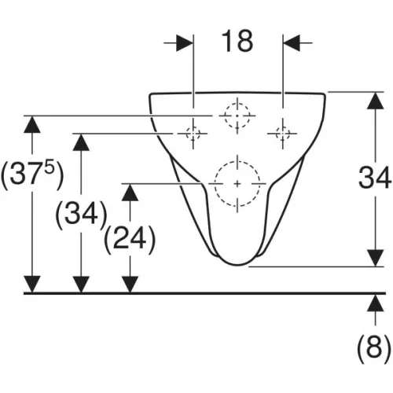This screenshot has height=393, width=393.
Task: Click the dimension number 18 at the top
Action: click(237, 41)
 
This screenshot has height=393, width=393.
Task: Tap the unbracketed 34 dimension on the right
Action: click(375, 178)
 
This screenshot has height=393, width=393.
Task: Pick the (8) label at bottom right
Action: click(374, 347)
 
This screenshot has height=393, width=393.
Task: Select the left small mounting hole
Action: click(193, 134)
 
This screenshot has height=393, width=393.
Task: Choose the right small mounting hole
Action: click(283, 134)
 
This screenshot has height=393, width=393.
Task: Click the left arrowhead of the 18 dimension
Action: click(185, 42)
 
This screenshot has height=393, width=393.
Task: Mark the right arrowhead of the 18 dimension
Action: click(292, 42)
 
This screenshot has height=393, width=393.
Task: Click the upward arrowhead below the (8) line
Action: click(376, 303)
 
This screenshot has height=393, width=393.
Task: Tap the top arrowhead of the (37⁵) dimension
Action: click(32, 124)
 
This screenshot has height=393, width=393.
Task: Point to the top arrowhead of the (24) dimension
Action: click(130, 193)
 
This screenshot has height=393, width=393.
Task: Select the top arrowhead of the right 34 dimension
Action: click(376, 101)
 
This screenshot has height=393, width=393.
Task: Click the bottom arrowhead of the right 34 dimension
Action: click(376, 258)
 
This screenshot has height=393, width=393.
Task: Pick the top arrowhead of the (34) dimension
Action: click(81, 142)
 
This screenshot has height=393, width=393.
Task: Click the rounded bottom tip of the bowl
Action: click(237, 265)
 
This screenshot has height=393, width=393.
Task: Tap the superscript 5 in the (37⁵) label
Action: click(50, 165)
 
